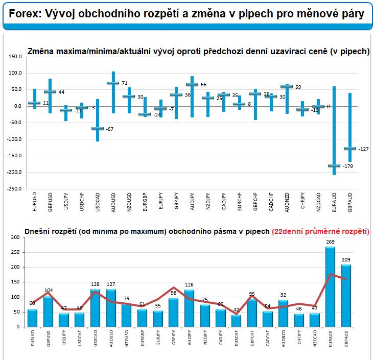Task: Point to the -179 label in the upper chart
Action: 347,166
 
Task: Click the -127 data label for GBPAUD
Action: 363,149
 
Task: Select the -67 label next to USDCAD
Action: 110,129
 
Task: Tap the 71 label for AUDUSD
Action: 124,83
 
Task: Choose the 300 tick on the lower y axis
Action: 14,237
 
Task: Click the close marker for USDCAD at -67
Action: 97,128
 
